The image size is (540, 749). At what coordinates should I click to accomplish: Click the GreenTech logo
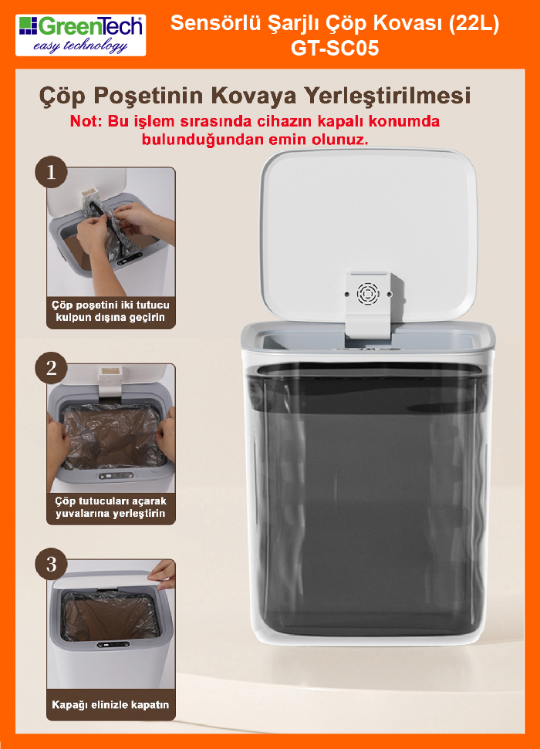point(80,35)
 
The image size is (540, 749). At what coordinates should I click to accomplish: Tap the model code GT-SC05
point(335,48)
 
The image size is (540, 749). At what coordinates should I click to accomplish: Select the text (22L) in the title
point(474,23)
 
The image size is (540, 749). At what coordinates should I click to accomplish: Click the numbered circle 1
point(51,172)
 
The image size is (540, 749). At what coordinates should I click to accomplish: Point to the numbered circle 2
point(51,368)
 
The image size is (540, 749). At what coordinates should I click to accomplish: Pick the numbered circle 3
point(51,564)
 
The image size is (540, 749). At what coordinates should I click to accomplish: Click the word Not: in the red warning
point(86,121)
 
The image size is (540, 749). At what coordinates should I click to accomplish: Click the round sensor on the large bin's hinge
point(368,293)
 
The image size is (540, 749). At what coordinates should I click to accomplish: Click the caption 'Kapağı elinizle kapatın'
point(110,704)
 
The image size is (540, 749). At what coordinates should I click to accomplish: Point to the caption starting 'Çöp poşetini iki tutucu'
point(110,311)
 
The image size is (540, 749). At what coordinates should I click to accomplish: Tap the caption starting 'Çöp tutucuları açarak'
point(110,508)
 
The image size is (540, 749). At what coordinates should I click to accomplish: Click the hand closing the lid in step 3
point(164,574)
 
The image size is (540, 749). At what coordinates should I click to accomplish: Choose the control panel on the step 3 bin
point(113,644)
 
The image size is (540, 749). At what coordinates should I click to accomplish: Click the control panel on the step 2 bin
point(116,476)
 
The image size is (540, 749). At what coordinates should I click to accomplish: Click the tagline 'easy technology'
point(80,46)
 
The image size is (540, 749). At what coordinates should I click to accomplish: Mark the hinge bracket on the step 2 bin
point(110,381)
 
